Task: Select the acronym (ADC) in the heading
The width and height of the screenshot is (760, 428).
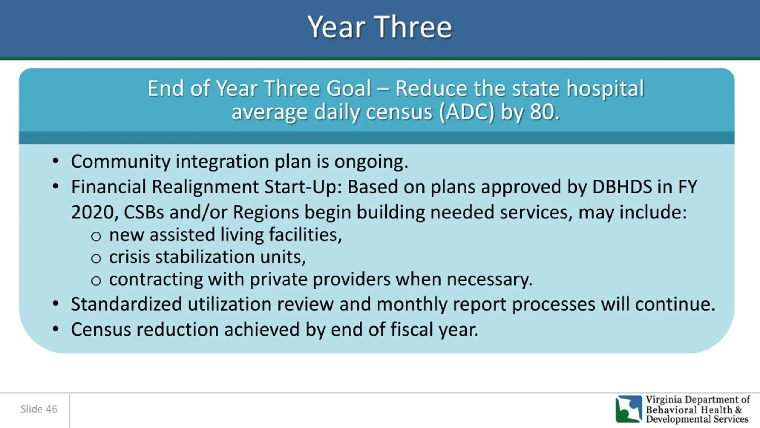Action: pyautogui.click(x=467, y=112)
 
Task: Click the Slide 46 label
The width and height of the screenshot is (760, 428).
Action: pyautogui.click(x=39, y=409)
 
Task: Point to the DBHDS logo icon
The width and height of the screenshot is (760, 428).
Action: pyautogui.click(x=628, y=409)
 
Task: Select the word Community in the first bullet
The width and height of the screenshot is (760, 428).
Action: pyautogui.click(x=121, y=162)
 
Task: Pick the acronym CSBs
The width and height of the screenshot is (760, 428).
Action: pyautogui.click(x=144, y=213)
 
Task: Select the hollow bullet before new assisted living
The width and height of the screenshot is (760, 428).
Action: pyautogui.click(x=96, y=237)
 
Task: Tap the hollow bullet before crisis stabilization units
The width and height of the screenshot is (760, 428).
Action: pyautogui.click(x=96, y=259)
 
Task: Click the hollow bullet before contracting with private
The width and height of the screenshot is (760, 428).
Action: pyautogui.click(x=96, y=281)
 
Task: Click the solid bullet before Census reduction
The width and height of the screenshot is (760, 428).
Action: pyautogui.click(x=56, y=329)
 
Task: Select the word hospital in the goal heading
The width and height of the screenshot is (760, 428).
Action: pyautogui.click(x=605, y=89)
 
